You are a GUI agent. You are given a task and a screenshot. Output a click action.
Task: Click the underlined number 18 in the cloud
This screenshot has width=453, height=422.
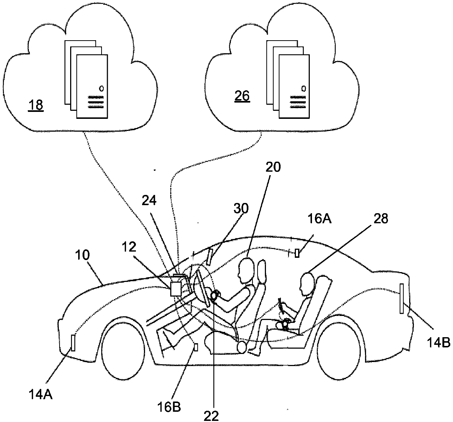(x=36, y=105)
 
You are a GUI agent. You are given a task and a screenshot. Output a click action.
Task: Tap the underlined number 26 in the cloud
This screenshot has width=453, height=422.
(x=242, y=96)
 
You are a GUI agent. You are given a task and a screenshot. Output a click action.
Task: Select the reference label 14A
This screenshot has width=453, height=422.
(x=41, y=394)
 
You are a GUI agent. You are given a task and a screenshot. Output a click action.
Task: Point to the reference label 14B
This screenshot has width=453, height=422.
(x=439, y=343)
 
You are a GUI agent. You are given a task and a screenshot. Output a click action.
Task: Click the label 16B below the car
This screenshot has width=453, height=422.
(x=169, y=407)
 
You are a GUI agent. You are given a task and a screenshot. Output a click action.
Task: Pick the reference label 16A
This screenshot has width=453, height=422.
(x=319, y=219)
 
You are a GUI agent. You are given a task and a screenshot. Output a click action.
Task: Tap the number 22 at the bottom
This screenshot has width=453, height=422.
(x=211, y=416)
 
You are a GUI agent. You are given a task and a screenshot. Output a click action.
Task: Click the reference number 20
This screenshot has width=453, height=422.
(x=273, y=167)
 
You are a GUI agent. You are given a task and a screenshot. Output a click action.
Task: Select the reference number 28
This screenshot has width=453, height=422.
(x=381, y=219)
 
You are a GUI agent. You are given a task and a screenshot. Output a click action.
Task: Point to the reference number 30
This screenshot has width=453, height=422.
(x=241, y=208)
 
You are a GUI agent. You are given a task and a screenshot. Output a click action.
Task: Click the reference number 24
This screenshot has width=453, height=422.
(x=149, y=201)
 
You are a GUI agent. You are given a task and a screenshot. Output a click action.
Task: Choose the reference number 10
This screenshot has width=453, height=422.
(x=82, y=255)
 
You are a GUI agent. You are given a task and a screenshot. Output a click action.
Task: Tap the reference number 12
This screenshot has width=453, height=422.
(x=129, y=247)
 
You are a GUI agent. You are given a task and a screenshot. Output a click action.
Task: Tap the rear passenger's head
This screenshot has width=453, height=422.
(x=307, y=284)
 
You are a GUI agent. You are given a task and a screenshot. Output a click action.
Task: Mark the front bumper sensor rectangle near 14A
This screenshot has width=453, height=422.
(x=73, y=343)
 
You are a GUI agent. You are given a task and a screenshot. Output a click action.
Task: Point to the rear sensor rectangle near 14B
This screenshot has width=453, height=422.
(x=402, y=298)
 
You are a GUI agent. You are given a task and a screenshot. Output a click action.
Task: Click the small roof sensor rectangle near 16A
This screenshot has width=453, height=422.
(x=297, y=253)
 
